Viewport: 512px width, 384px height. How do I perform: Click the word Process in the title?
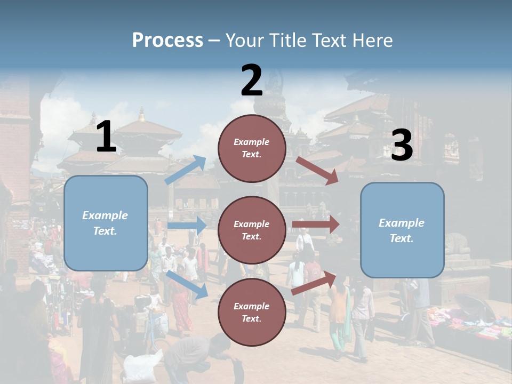(x=167, y=41)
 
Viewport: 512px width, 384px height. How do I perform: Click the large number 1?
(x=106, y=137)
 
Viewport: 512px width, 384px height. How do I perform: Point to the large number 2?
(x=252, y=81)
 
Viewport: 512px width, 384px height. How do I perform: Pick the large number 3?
(x=402, y=145)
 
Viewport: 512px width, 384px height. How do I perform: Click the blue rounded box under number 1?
(x=106, y=223)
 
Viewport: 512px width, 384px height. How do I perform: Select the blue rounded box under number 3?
(x=402, y=230)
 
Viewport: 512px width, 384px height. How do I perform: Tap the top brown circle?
(x=252, y=148)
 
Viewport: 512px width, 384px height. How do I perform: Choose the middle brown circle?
(x=252, y=230)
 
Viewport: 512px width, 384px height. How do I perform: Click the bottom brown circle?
(x=252, y=312)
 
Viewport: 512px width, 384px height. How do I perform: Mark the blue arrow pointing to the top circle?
(x=186, y=170)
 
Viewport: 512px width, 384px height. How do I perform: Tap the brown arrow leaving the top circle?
(x=317, y=171)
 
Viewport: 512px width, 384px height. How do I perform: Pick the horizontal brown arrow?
(x=315, y=224)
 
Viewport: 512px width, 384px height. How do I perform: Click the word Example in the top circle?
(x=252, y=142)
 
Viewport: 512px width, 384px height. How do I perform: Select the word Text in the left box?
(x=105, y=231)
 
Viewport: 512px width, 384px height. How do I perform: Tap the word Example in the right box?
(x=402, y=223)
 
